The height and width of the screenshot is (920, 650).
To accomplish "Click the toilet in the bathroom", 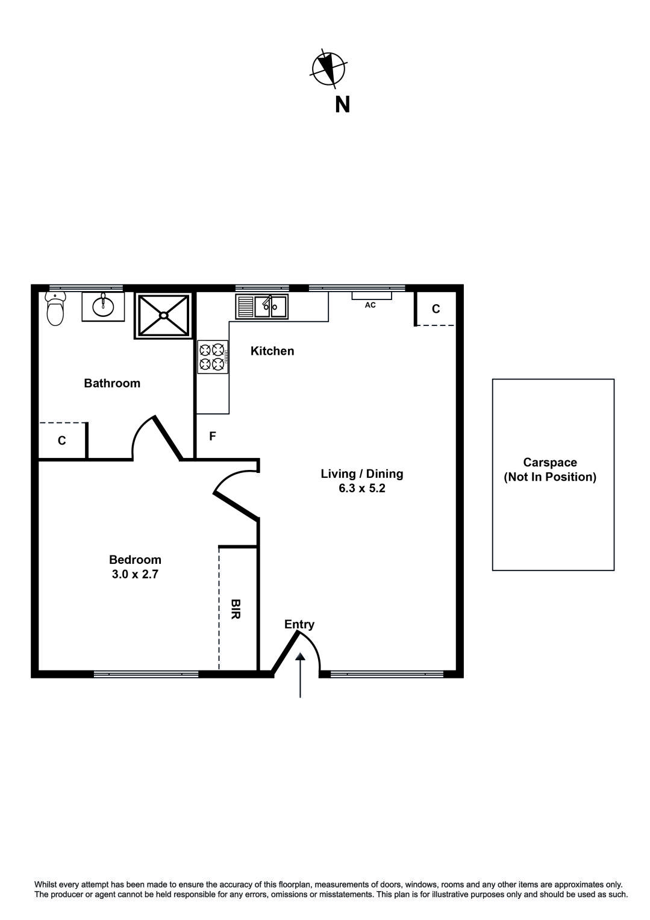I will [x=55, y=309].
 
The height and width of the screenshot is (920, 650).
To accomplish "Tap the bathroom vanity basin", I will [x=103, y=306].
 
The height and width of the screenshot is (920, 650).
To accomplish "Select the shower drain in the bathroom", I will [x=163, y=314].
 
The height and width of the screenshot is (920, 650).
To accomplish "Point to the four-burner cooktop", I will [x=212, y=357].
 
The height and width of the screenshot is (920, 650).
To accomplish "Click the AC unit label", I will [x=370, y=305].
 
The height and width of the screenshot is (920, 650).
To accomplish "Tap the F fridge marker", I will [x=213, y=436].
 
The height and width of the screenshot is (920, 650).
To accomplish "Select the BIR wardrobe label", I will [x=236, y=609].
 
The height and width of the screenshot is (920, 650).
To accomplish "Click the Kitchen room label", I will [x=272, y=351].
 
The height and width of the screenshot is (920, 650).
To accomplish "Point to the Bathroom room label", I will [x=112, y=383].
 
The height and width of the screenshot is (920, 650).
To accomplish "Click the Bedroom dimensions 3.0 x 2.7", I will [x=135, y=574].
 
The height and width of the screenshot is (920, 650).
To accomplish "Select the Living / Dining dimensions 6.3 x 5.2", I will [x=361, y=488].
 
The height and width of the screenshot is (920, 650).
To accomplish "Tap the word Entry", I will [x=299, y=624].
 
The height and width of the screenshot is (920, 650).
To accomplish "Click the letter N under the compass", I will [x=342, y=105].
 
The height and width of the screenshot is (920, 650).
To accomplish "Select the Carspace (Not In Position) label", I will [x=550, y=470].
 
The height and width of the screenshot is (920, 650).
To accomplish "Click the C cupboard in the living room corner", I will [x=436, y=308].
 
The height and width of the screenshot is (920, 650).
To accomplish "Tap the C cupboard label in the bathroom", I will [x=62, y=441].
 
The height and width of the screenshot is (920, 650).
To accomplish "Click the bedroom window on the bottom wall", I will [x=146, y=674].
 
